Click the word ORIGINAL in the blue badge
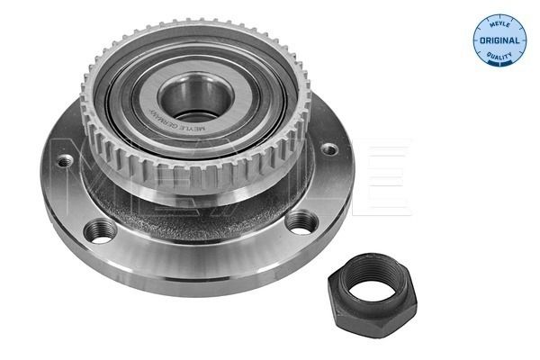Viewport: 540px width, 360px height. coord(499,40)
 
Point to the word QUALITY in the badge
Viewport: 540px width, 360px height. coord(499,56)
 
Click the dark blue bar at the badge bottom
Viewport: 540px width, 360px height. coord(499,63)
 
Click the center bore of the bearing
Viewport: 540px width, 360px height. coord(195,97)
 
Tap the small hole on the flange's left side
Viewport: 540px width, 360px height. coord(65,160)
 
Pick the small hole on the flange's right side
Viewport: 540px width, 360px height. coord(329,148)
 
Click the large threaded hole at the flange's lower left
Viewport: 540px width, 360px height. coord(100,231)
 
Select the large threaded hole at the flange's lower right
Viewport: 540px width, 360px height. coord(301,223)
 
